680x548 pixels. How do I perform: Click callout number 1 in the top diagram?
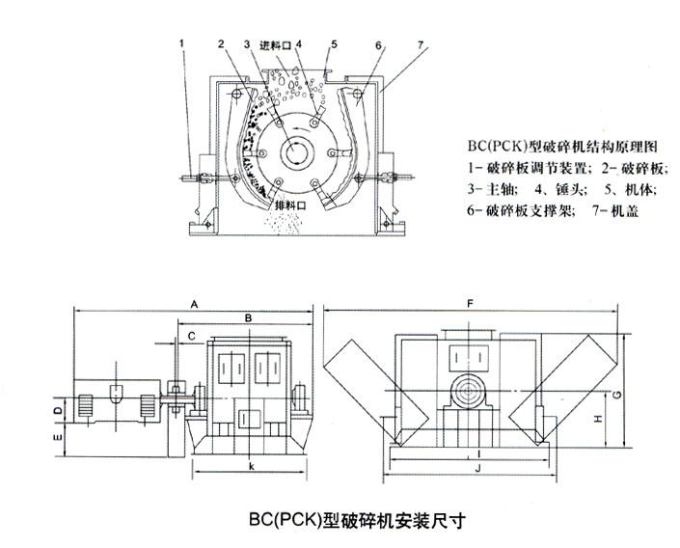[x=182, y=43]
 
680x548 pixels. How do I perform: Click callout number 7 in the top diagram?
[x=420, y=44]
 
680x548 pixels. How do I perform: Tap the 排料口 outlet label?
[x=290, y=205]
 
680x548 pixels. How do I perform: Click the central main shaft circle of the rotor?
[x=296, y=151]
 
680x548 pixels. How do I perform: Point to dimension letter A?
[x=194, y=305]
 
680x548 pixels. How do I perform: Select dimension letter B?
[x=248, y=318]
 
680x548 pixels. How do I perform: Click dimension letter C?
[x=192, y=336]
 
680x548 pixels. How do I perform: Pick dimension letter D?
[x=59, y=410]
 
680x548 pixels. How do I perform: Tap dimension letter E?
[x=58, y=438]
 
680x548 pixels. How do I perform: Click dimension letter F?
[x=470, y=304]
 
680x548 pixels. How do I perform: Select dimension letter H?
[x=598, y=419]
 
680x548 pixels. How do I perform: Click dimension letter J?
[x=477, y=468]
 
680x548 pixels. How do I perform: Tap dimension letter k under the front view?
[x=251, y=466]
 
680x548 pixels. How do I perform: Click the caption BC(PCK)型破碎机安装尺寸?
[x=357, y=520]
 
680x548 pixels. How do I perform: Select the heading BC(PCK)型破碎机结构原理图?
[x=562, y=147]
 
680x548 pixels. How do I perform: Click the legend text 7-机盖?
[x=615, y=210]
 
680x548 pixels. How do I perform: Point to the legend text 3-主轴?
[x=491, y=190]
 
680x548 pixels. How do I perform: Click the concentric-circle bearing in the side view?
[x=469, y=390]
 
